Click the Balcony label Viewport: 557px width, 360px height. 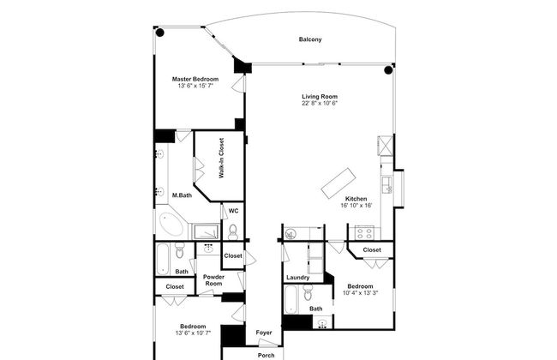point(310,39)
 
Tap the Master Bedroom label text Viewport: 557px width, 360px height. point(195,79)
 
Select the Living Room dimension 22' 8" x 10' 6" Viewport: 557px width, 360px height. point(320,104)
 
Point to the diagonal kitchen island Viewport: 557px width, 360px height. point(338,183)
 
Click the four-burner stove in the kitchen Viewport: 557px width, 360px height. point(364,233)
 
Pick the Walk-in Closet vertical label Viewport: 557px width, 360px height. point(221,159)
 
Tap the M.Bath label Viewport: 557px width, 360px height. point(182,195)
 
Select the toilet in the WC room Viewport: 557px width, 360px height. point(233,232)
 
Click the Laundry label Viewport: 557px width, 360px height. point(297,277)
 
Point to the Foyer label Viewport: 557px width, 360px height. point(264,333)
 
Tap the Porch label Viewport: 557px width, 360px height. point(266,356)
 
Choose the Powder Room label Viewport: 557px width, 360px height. point(213,280)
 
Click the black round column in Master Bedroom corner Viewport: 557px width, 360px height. point(160,33)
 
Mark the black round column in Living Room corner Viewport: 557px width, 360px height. point(388,70)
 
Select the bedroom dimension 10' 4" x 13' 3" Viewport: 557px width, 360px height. point(360,293)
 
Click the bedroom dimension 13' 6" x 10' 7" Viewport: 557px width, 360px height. point(194,333)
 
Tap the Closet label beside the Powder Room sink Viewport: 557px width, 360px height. point(233,255)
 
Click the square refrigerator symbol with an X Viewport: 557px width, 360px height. point(386,146)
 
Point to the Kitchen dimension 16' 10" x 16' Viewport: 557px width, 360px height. point(356,206)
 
